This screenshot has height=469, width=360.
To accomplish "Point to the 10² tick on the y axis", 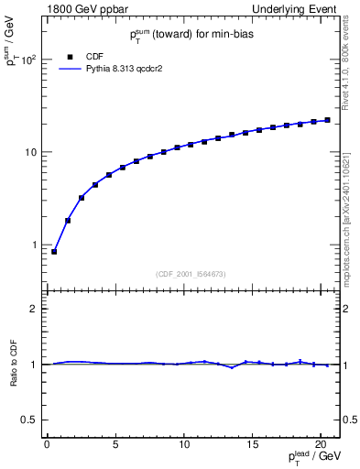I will (x=29, y=60).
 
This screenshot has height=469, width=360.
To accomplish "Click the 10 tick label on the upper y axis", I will (x=31, y=152).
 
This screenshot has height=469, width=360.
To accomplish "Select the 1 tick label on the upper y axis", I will (x=34, y=245).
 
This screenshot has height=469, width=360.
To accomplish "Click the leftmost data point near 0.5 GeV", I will (x=54, y=251).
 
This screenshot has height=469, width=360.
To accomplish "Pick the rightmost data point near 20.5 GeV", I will (x=327, y=120).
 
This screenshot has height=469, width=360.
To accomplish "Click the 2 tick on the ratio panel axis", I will (x=34, y=309).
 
